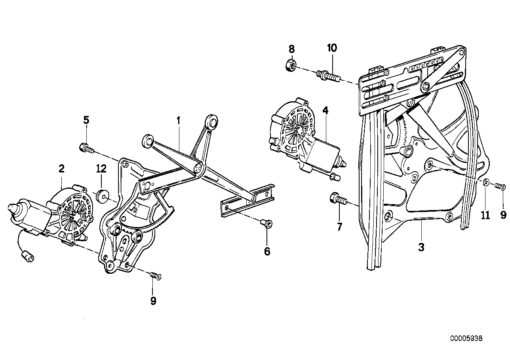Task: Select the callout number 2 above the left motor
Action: (61, 169)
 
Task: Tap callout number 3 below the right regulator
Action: (421, 247)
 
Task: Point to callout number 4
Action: (325, 110)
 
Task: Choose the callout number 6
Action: (267, 251)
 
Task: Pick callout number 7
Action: (339, 227)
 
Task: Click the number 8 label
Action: (291, 49)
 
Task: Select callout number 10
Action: (332, 48)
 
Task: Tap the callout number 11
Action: (485, 215)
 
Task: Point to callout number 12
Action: (101, 169)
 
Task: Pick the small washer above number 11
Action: (486, 183)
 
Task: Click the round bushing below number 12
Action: (103, 195)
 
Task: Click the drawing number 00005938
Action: (466, 339)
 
